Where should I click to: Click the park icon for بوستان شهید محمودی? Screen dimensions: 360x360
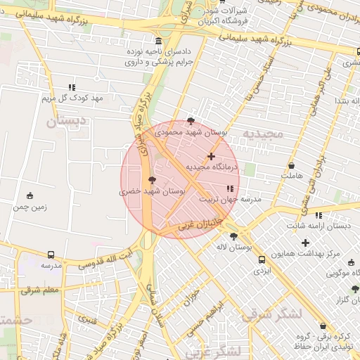[191, 121]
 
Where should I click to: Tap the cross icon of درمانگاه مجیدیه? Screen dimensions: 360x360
[211, 156]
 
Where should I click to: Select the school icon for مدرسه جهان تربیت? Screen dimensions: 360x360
[230, 188]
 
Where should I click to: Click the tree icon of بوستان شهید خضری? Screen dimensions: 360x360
[153, 180]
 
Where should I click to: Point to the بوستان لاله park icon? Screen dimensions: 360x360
[233, 237]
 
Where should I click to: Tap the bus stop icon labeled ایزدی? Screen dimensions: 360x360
[262, 259]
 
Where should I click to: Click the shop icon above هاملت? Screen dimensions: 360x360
[292, 165]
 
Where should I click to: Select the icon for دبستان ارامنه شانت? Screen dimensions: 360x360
[319, 215]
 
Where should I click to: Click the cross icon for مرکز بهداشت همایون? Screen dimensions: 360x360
[305, 243]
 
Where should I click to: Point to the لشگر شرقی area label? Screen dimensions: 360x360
[271, 314]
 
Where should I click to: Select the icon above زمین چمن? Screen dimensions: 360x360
[30, 195]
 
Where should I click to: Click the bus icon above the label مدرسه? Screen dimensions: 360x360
[51, 255]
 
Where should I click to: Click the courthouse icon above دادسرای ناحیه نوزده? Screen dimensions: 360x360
[159, 41]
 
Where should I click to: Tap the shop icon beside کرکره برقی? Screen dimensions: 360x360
[323, 326]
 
